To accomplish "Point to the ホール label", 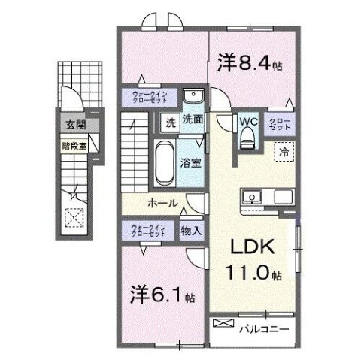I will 162,204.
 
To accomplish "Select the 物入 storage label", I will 191,231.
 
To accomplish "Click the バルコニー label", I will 264,328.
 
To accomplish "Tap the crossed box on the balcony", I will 223,323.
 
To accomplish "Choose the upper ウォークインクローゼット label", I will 150,97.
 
